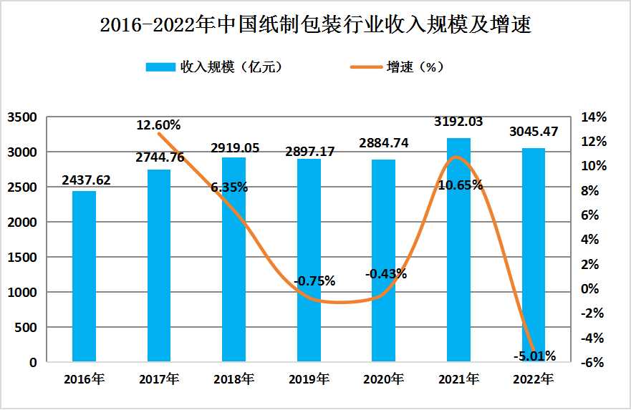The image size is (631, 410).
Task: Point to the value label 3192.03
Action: (458, 122)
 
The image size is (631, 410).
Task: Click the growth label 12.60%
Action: (160, 125)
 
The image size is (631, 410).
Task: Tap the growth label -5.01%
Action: (534, 356)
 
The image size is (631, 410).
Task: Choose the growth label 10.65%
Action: (459, 185)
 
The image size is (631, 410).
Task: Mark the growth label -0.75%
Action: (314, 281)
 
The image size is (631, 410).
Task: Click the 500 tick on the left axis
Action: (27, 328)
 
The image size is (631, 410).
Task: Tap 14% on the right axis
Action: (594, 117)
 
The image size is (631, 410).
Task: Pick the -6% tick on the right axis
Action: (594, 363)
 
